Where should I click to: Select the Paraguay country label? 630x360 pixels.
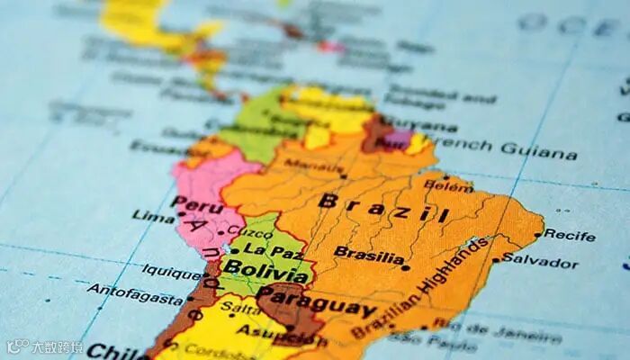point(316,301)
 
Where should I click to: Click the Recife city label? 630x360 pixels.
point(570,236)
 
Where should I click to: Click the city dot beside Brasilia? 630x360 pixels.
point(406,267)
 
